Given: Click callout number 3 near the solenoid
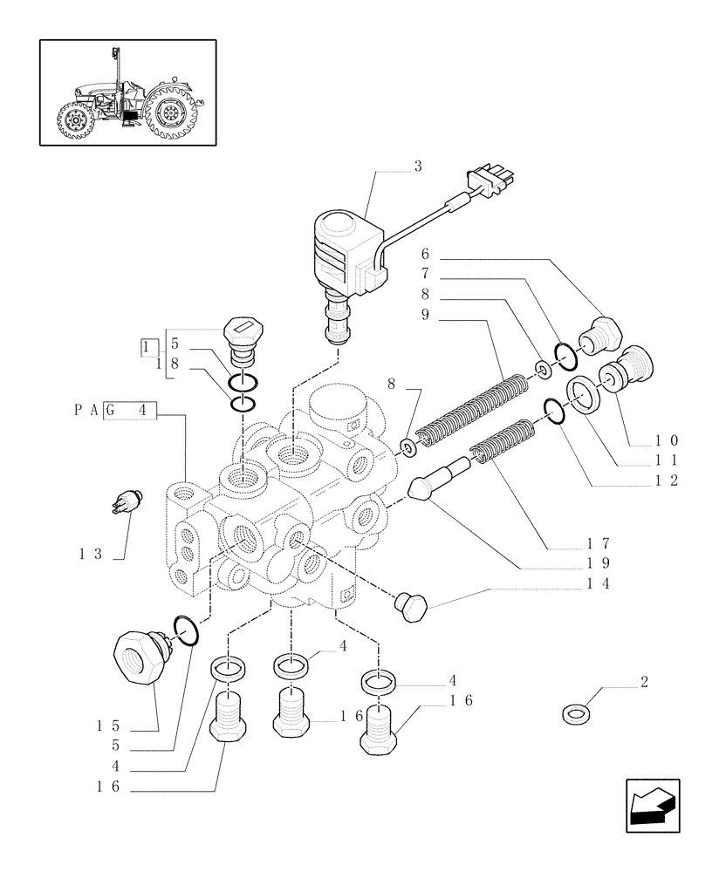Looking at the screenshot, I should pos(417,167).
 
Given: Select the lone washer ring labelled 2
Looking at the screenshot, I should pos(575,715).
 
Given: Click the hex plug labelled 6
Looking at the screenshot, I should pos(603,336).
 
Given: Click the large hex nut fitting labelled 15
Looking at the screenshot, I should pos(140,654).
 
